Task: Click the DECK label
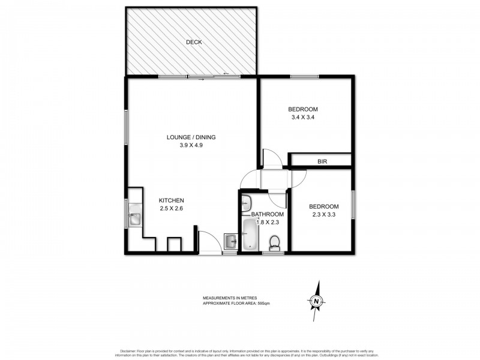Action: coord(193,42)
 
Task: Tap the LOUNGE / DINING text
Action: coord(191,137)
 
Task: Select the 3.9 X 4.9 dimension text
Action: coord(191,146)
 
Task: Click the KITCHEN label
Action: coord(171,200)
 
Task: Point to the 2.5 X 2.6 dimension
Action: coord(171,209)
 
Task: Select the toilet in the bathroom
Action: coord(274,243)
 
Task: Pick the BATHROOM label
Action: coord(267,214)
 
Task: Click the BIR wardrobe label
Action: coord(322,161)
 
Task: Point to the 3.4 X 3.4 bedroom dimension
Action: coord(302,118)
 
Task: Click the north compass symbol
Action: coord(316,299)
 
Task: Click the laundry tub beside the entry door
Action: coord(231,242)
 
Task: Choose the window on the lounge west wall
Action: coord(126,126)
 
